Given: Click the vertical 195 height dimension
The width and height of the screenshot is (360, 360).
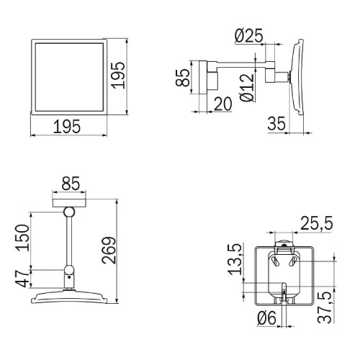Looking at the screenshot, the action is point(119,76).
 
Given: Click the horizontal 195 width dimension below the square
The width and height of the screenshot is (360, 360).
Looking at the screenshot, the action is point(67,127).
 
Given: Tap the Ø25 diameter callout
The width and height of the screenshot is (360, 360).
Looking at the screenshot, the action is point(249,36).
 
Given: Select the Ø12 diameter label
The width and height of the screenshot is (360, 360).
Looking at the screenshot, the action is point(247,87).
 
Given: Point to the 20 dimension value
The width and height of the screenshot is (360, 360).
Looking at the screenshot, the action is point(222,104).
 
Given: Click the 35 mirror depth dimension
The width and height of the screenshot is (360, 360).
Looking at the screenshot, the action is point(276,124).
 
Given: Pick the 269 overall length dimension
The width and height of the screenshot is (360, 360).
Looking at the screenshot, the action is point(109,251).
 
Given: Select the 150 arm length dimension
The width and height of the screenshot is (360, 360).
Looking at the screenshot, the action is point(23,238).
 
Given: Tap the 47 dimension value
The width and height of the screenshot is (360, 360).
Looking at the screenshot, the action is point(22,278).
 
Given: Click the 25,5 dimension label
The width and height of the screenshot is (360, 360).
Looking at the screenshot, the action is point(317,224).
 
